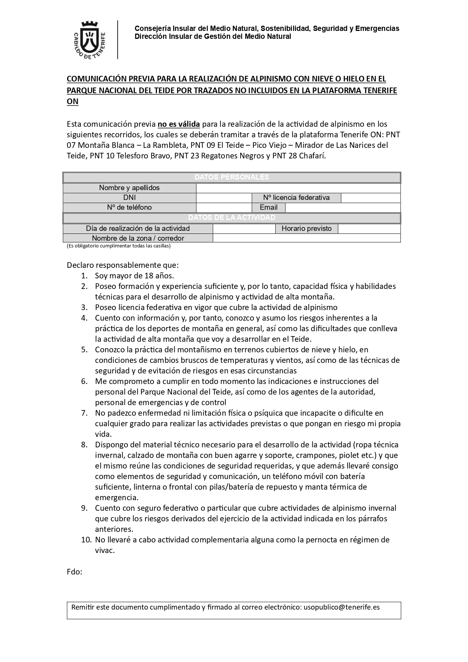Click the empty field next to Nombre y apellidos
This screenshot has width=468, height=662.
(x=298, y=188)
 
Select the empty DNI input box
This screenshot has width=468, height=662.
(x=224, y=198)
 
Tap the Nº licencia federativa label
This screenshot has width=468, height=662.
(x=296, y=198)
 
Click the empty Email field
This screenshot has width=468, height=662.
(x=342, y=207)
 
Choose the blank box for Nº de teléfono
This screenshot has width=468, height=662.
(x=224, y=207)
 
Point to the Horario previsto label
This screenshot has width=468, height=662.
(x=306, y=229)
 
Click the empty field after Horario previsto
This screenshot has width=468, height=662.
(x=369, y=229)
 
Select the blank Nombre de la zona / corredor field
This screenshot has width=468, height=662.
(x=306, y=238)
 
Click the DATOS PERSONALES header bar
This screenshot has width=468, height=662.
(x=232, y=177)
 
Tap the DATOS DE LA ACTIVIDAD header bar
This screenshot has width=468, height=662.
(x=232, y=218)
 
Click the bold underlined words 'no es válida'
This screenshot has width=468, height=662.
(x=178, y=124)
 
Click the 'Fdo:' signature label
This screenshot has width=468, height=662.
(x=74, y=572)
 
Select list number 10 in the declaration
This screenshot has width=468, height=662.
(x=86, y=540)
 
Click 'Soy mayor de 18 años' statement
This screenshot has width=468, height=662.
(x=134, y=276)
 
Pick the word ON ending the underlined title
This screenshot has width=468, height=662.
(x=72, y=101)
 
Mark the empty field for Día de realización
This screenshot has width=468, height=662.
(x=244, y=229)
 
